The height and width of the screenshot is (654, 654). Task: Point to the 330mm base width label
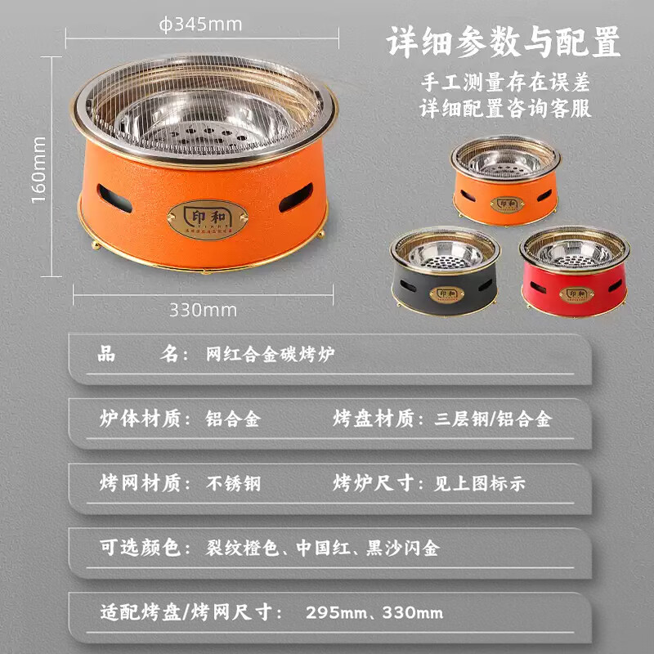[x=203, y=310]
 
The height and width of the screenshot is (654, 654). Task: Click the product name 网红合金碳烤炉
[x=270, y=356]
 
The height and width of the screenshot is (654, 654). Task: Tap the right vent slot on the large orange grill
[x=296, y=197]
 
